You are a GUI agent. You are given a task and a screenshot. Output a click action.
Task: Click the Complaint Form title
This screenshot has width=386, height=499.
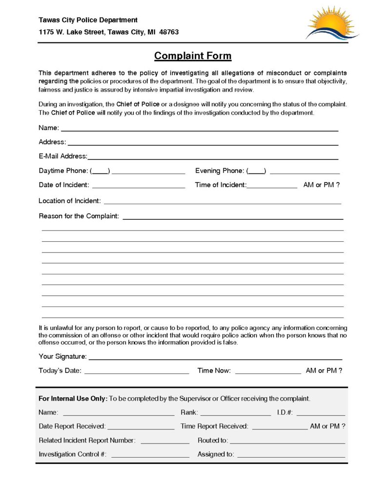[x=193, y=56]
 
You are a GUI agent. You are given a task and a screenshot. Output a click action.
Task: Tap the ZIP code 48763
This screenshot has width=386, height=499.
[x=169, y=32]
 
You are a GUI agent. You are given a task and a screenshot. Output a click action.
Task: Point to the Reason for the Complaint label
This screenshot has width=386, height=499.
[x=79, y=216]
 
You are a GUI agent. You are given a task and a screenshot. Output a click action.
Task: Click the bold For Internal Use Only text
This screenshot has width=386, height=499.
[x=73, y=398]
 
